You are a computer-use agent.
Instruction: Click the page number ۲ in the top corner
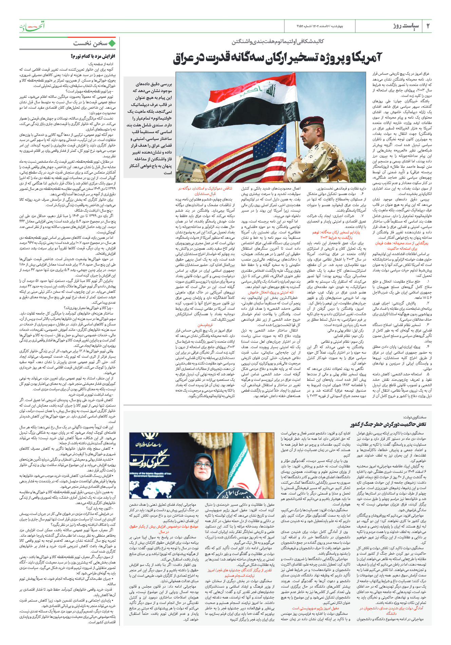(428, 26)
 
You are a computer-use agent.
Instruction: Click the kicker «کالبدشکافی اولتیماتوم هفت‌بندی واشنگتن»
(278, 42)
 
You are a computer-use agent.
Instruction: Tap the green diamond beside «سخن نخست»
(112, 43)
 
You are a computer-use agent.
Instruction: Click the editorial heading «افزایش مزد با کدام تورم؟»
(93, 56)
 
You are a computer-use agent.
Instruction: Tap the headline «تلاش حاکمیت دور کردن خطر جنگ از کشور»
(388, 424)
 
